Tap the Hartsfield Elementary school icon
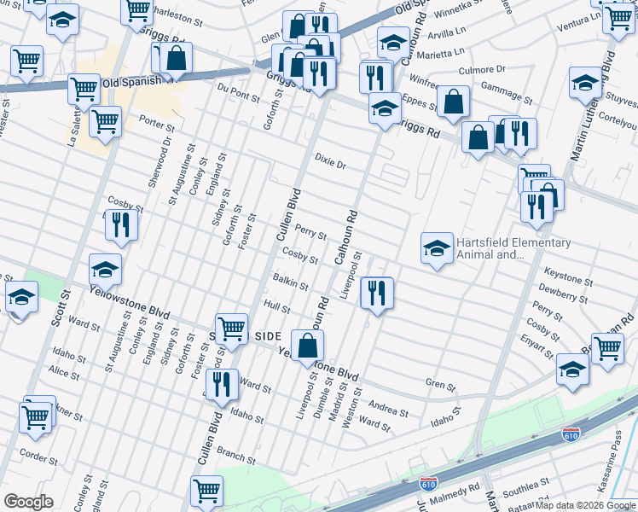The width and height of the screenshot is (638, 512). pyautogui.click(x=436, y=248)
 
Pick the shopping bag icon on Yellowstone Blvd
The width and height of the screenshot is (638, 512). pyautogui.click(x=309, y=345)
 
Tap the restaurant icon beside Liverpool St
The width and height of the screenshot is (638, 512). pyautogui.click(x=375, y=293)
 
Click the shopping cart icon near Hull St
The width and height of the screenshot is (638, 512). pyautogui.click(x=231, y=329)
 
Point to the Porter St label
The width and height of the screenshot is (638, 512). pyautogui.click(x=157, y=125)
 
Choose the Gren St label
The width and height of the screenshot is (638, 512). pyautogui.click(x=441, y=386)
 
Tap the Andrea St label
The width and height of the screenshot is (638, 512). pyautogui.click(x=387, y=407)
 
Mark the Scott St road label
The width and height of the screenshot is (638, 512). pyautogui.click(x=58, y=305)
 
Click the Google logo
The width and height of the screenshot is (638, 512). pyautogui.click(x=28, y=502)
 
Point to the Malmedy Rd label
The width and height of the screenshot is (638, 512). pyautogui.click(x=459, y=492)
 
